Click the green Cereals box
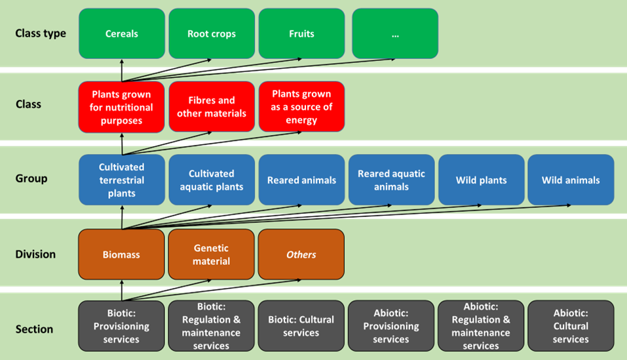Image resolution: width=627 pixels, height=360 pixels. [x=122, y=33]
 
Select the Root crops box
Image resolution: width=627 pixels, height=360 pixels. [x=212, y=33]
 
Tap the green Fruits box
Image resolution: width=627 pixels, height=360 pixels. [x=301, y=33]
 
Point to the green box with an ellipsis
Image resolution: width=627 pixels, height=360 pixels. [x=395, y=33]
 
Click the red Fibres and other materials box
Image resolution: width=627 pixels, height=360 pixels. [x=212, y=107]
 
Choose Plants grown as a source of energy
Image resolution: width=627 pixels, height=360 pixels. [x=301, y=107]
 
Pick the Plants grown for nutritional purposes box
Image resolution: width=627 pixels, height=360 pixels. [x=122, y=107]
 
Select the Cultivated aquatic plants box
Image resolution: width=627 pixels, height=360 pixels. [x=212, y=180]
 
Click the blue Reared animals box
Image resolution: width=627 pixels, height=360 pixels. [x=301, y=180]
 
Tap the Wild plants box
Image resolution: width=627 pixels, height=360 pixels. [x=482, y=180]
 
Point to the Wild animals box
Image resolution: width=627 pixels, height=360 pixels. [x=571, y=180]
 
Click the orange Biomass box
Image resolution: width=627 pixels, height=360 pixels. [x=122, y=254]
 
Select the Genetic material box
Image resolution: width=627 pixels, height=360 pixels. [x=211, y=254]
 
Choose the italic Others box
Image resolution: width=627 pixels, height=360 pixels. [x=301, y=254]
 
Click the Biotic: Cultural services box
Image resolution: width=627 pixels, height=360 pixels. [x=301, y=326]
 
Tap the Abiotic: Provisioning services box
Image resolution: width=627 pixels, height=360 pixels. [x=391, y=326]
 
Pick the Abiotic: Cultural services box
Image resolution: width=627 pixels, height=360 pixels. [x=571, y=326]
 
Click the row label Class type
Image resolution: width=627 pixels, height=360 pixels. [x=41, y=33]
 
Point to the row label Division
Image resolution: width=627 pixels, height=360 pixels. [x=35, y=254]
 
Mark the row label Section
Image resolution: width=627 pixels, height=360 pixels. [x=34, y=329]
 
